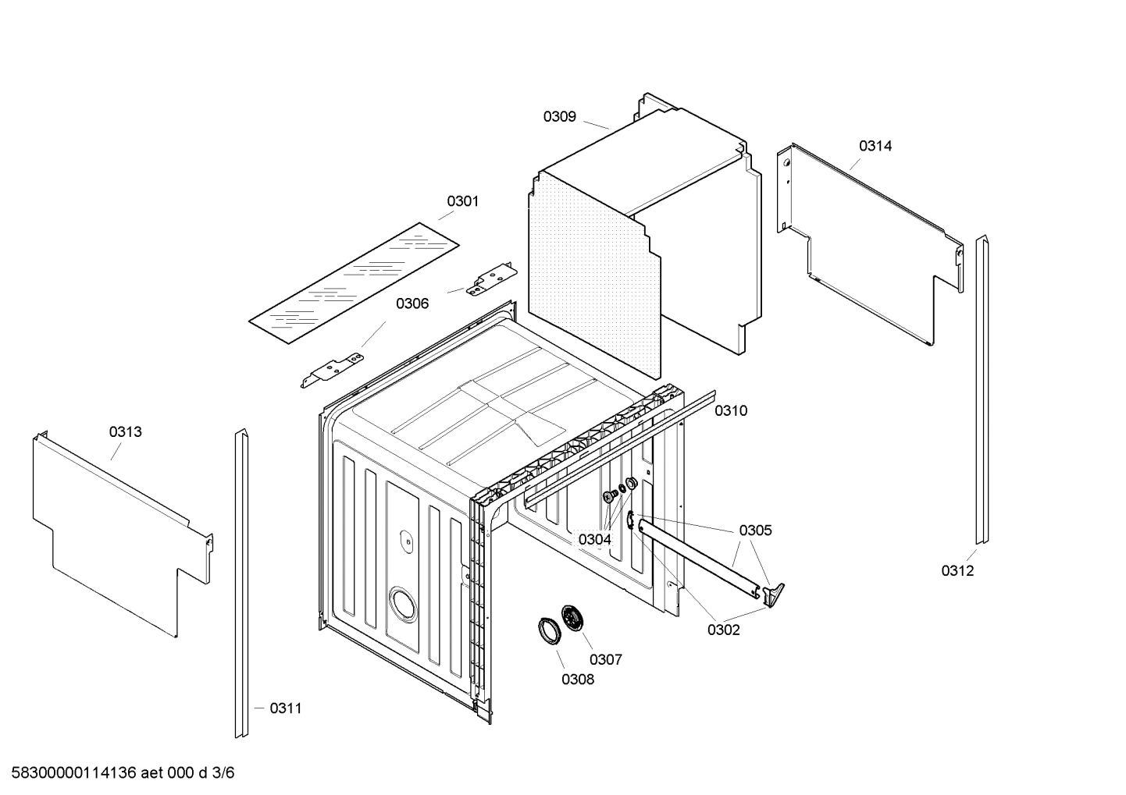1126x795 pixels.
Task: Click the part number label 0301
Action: pyautogui.click(x=462, y=201)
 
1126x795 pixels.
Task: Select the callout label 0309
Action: pyautogui.click(x=559, y=116)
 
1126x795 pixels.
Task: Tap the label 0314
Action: pyautogui.click(x=875, y=146)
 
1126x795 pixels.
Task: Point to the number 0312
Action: pyautogui.click(x=957, y=570)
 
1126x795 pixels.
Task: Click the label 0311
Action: pyautogui.click(x=285, y=708)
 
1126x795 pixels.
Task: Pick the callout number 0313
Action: pyautogui.click(x=125, y=431)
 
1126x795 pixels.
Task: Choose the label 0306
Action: pyautogui.click(x=412, y=303)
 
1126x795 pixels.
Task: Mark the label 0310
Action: pyautogui.click(x=731, y=410)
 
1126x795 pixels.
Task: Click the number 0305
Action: pyautogui.click(x=755, y=531)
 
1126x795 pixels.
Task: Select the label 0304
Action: pyautogui.click(x=594, y=539)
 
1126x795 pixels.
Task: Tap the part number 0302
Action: pyautogui.click(x=723, y=630)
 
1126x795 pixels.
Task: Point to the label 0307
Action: pyautogui.click(x=605, y=659)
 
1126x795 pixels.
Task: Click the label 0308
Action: pyautogui.click(x=577, y=679)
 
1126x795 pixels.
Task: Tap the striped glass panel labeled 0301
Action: pyautogui.click(x=354, y=281)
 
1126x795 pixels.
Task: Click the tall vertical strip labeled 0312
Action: pyautogui.click(x=982, y=390)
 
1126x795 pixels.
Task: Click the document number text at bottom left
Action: pyautogui.click(x=117, y=773)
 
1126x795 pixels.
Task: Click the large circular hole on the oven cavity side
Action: pyautogui.click(x=404, y=605)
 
